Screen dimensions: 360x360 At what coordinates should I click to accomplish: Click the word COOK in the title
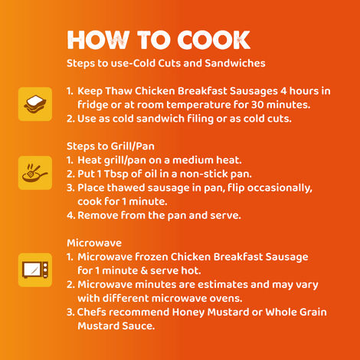coord(214,40)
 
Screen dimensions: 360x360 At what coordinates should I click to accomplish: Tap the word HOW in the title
coord(98,40)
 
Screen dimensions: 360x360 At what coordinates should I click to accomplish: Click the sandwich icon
coord(35,104)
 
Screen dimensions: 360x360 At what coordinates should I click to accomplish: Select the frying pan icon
coord(35,173)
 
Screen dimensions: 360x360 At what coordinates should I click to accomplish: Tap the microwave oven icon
coord(35,270)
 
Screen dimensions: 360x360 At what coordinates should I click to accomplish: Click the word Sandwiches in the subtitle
coord(235,63)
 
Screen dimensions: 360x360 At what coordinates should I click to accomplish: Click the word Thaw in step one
coord(119,91)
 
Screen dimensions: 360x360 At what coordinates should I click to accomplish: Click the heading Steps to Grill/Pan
coord(110,146)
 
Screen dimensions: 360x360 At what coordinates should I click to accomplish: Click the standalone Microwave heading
coord(94,243)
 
